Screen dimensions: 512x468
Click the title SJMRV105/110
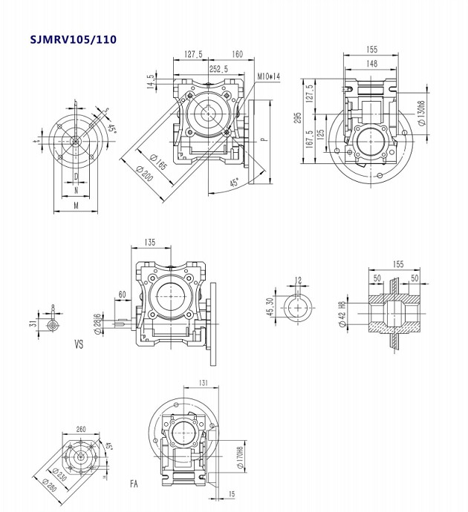click(x=73, y=39)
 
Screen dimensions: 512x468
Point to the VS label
click(x=79, y=344)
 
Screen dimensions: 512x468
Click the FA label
click(x=134, y=484)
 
